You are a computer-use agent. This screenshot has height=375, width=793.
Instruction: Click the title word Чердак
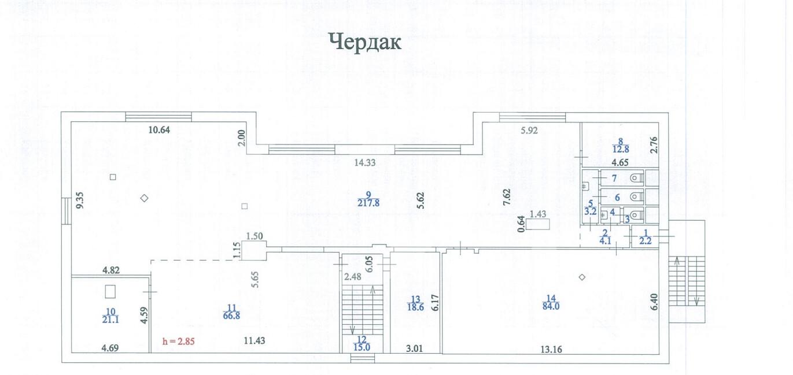(x=365, y=42)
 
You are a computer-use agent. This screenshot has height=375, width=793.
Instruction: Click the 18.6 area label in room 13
(x=415, y=307)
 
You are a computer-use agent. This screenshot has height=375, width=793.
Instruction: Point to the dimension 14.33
(x=365, y=163)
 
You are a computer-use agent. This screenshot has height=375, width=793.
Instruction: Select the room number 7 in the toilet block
(x=614, y=177)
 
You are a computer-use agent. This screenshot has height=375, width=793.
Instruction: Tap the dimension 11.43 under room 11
(x=255, y=341)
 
